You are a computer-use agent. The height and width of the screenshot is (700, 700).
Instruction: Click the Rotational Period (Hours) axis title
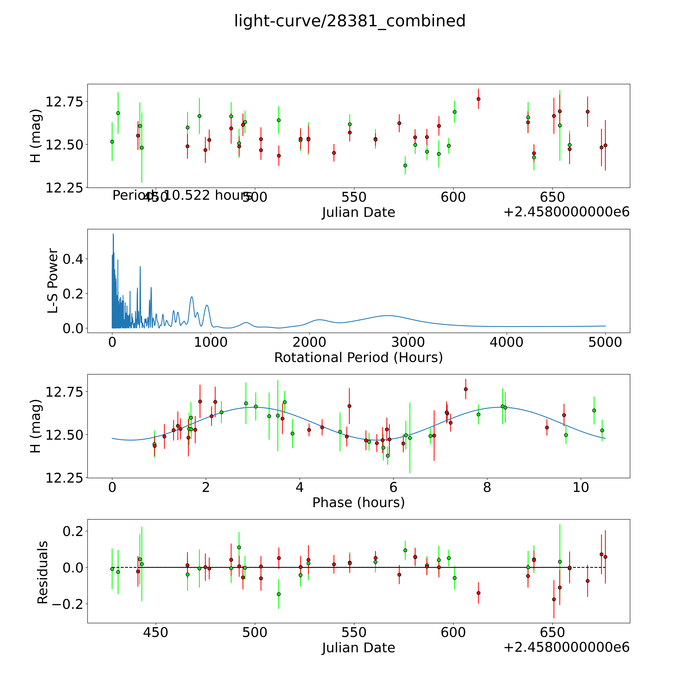point(358,358)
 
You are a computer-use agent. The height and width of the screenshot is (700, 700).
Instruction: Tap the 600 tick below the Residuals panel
point(453,632)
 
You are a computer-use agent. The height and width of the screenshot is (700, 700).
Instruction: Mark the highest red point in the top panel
point(478,99)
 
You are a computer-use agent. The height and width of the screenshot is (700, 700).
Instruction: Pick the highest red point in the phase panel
point(466,389)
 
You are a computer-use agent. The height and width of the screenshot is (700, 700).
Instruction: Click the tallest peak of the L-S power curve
point(113,234)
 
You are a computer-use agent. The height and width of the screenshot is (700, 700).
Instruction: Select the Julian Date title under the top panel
point(358,212)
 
